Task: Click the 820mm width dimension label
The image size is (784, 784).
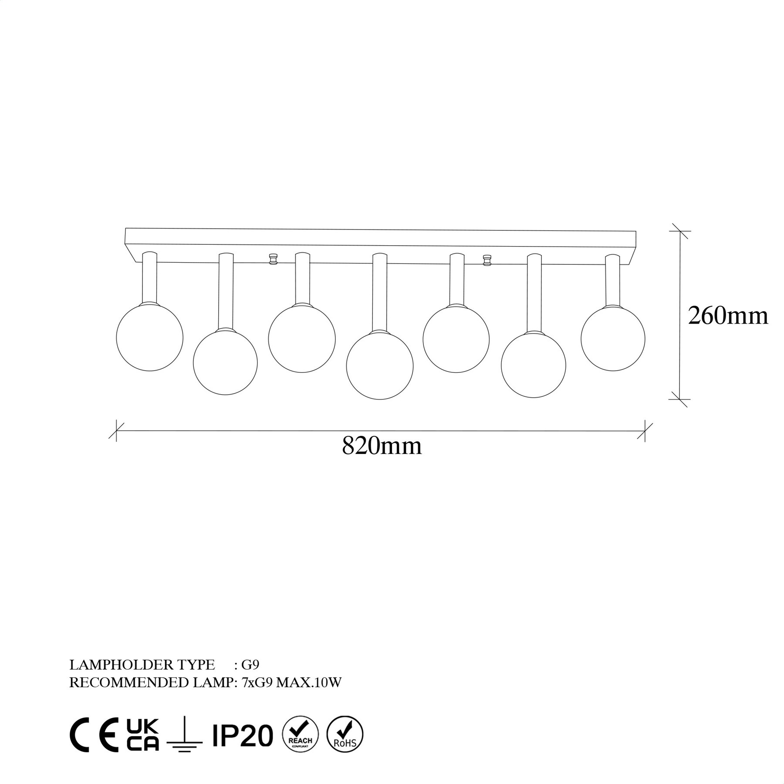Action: click(382, 446)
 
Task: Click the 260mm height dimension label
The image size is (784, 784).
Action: click(728, 316)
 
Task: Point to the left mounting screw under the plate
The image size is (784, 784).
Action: click(273, 259)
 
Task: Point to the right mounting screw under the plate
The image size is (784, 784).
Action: click(487, 260)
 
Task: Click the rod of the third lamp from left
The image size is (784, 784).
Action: click(303, 278)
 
